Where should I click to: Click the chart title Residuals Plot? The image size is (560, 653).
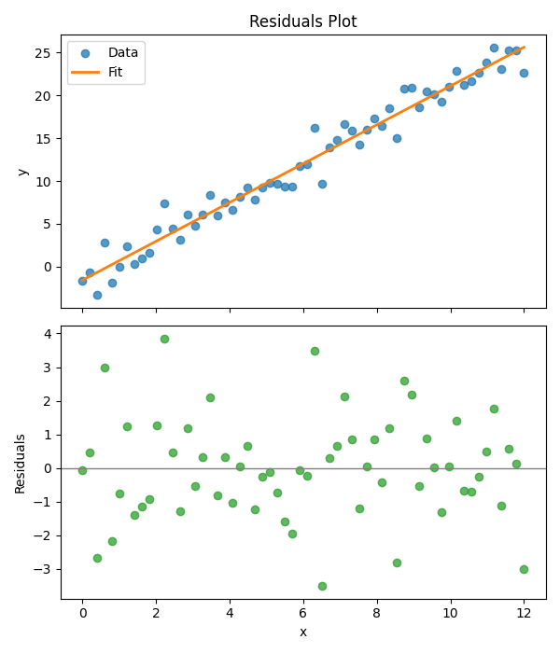pos(302,21)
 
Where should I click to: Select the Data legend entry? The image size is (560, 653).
pos(122,53)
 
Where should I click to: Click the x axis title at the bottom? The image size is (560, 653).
pos(302,632)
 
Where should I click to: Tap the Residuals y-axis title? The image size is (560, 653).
pos(21,463)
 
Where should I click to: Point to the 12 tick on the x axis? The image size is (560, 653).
pos(524,612)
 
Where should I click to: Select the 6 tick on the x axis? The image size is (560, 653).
pos(302,612)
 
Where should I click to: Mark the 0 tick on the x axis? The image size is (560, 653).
pos(82,612)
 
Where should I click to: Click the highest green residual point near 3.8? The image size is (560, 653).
pos(164,339)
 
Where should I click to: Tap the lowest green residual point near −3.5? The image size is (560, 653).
pos(322,586)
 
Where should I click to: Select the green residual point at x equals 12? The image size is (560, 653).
pos(524,569)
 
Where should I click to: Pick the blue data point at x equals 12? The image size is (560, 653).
pos(524,73)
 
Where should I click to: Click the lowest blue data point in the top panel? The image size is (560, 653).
pos(97,295)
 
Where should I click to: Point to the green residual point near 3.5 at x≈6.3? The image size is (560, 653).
pos(315,351)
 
